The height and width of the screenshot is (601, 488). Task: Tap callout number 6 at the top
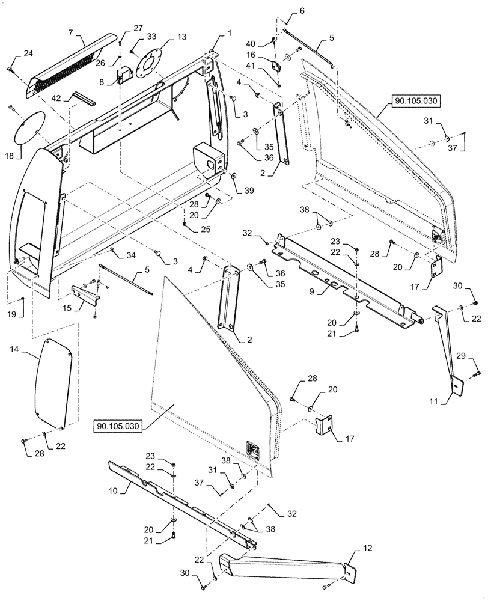(301, 11)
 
